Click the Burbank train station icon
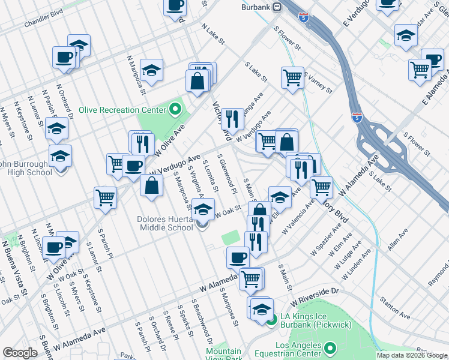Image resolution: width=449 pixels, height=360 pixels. click(277, 7)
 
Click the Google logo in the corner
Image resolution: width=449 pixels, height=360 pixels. click(20, 353)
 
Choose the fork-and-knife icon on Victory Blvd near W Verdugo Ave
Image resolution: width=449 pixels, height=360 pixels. click(232, 118)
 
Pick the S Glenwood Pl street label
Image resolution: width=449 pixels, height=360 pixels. click(228, 173)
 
